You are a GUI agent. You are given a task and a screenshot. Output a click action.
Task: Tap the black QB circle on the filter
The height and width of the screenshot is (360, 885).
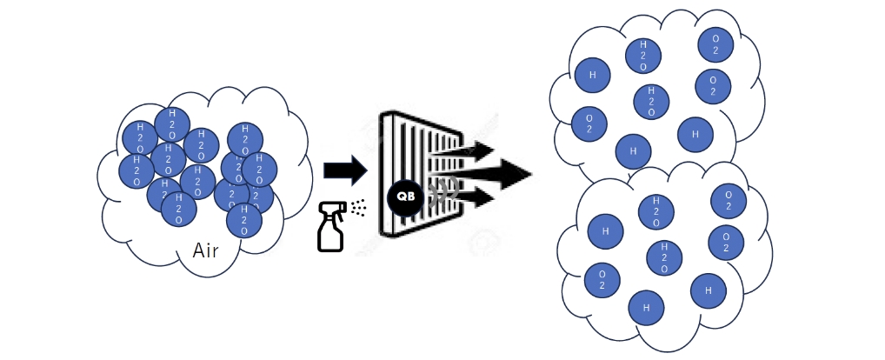pyautogui.click(x=405, y=197)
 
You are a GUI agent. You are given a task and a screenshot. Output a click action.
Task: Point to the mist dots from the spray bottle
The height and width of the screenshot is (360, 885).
pyautogui.click(x=357, y=207)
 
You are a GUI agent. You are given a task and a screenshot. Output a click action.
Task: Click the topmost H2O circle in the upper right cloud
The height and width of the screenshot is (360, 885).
pyautogui.click(x=643, y=54)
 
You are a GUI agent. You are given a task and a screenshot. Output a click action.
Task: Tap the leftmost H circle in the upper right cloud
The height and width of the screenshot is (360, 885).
pyautogui.click(x=592, y=75)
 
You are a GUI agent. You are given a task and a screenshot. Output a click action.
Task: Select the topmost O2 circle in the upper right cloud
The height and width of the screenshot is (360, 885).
pyautogui.click(x=715, y=46)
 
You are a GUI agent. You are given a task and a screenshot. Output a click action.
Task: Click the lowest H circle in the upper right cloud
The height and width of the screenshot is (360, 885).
pyautogui.click(x=633, y=151)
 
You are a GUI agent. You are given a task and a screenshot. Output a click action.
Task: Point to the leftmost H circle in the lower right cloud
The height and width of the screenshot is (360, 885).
pyautogui.click(x=605, y=231)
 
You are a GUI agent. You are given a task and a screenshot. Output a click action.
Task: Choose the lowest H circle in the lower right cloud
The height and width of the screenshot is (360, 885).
pyautogui.click(x=646, y=307)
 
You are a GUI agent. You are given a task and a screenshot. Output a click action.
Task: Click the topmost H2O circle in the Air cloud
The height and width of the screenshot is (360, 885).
pyautogui.click(x=172, y=124)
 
